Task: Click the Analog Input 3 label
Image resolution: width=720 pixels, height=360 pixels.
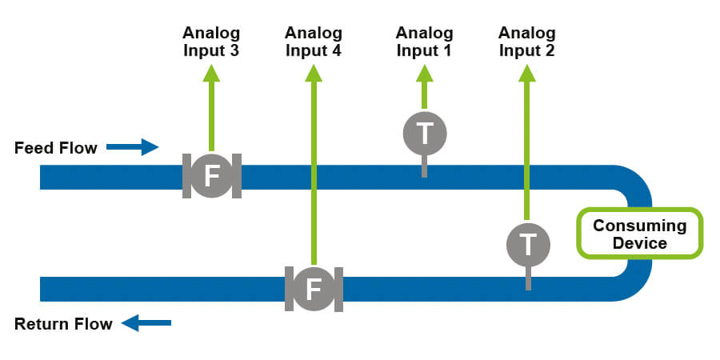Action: coord(211,42)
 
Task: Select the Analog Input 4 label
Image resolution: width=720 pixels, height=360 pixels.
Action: coord(314,42)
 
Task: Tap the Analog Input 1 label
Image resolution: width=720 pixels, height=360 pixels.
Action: coord(424,42)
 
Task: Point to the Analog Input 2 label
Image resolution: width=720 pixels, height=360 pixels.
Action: coord(526,42)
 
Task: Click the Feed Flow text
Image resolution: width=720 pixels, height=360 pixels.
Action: coord(56,148)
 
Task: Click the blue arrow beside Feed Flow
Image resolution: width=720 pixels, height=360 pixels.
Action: coord(133,146)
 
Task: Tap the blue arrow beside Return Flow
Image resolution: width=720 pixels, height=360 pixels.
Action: coord(146,323)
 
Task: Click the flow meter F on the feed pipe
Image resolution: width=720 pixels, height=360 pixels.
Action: coord(211,177)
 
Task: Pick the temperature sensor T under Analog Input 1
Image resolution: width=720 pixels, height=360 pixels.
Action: coord(424,134)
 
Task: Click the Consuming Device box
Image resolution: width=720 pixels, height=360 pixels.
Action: coord(640,234)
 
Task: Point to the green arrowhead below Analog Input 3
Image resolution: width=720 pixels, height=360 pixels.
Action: coord(211,73)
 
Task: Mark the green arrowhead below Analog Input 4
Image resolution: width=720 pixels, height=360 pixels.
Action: coord(314,73)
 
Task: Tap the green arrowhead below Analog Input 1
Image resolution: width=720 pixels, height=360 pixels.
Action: coord(424,73)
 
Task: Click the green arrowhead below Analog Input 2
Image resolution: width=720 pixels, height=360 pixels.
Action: coord(526,73)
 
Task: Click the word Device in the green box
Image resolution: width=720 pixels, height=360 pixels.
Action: coord(640,242)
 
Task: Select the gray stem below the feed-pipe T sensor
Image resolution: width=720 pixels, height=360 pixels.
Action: coord(424,166)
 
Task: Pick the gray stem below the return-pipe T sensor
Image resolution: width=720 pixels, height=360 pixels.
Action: coord(527,277)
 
